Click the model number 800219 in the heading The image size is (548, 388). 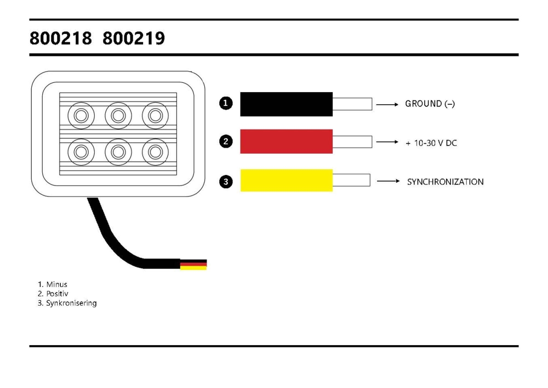[x=134, y=39]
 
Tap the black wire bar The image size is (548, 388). [x=286, y=104]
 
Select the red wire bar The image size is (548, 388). [x=286, y=142]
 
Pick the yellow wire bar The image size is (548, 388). [x=286, y=181]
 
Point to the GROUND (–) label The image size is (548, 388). [x=430, y=104]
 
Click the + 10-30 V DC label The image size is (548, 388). [x=431, y=143]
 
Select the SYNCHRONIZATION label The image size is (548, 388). [x=445, y=182]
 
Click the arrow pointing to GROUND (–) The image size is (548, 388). [x=387, y=104]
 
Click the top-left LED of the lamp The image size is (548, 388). [x=81, y=115]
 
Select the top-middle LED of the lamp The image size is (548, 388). [x=118, y=115]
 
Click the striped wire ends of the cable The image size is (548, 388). [x=193, y=265]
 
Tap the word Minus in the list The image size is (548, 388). [x=56, y=284]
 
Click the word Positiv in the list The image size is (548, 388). [x=58, y=294]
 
